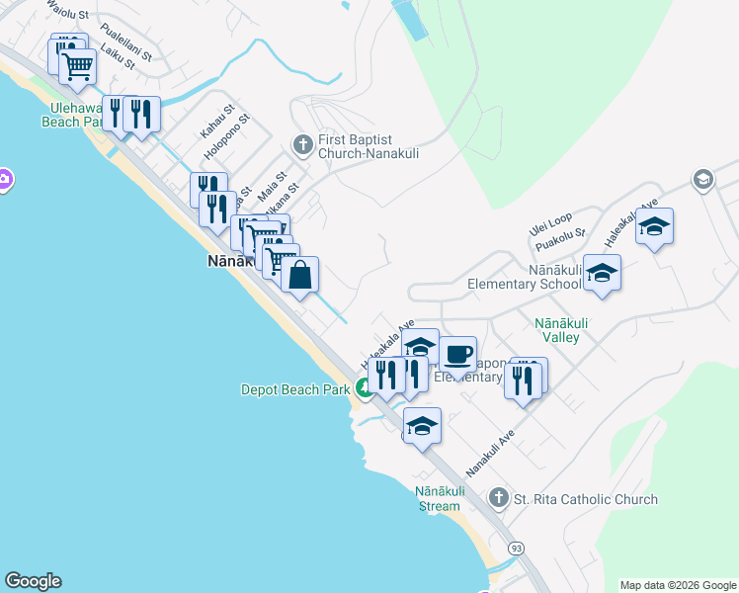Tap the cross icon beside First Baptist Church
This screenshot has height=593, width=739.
click(x=302, y=146)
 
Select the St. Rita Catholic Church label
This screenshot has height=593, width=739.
click(x=585, y=499)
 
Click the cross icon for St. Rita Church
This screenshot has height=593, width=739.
click(x=499, y=499)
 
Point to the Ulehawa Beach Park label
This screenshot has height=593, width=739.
click(x=73, y=115)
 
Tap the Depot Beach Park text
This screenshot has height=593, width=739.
click(x=295, y=389)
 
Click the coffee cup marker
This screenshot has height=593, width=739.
click(x=457, y=353)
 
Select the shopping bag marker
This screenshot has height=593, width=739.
click(x=300, y=275)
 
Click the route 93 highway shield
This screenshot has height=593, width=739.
click(x=516, y=547)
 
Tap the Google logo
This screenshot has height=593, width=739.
click(x=33, y=581)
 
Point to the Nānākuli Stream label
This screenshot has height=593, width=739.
click(x=438, y=499)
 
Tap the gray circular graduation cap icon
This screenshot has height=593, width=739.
click(x=702, y=179)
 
